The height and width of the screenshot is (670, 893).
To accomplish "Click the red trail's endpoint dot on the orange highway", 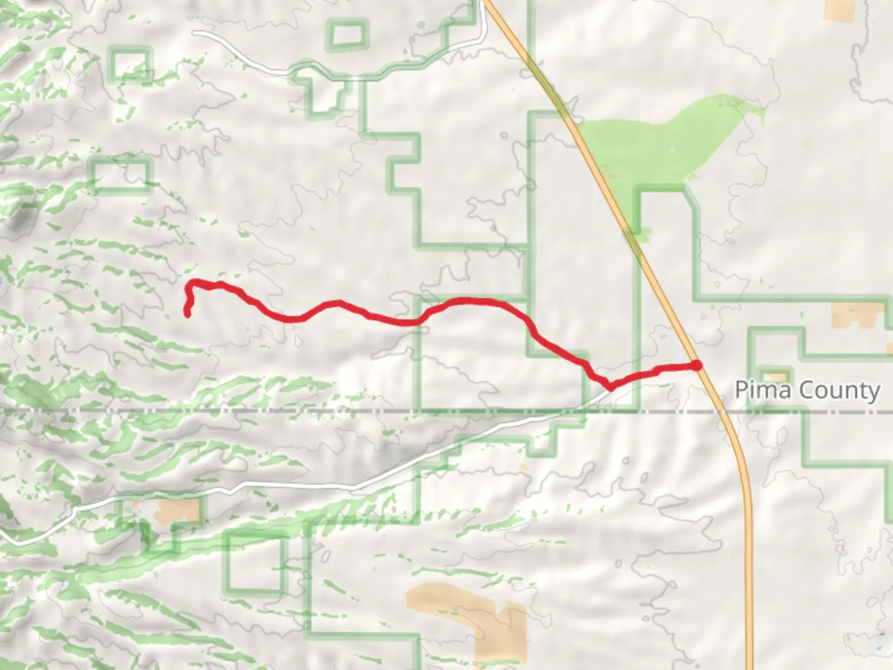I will tap(697, 365).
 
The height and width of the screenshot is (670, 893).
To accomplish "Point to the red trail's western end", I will tap(187, 314).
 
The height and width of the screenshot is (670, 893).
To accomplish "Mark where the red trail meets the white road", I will tap(611, 386).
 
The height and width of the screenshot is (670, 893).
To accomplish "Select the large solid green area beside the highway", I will tap(657, 143).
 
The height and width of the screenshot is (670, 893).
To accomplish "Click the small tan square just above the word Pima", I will tap(776, 377).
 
